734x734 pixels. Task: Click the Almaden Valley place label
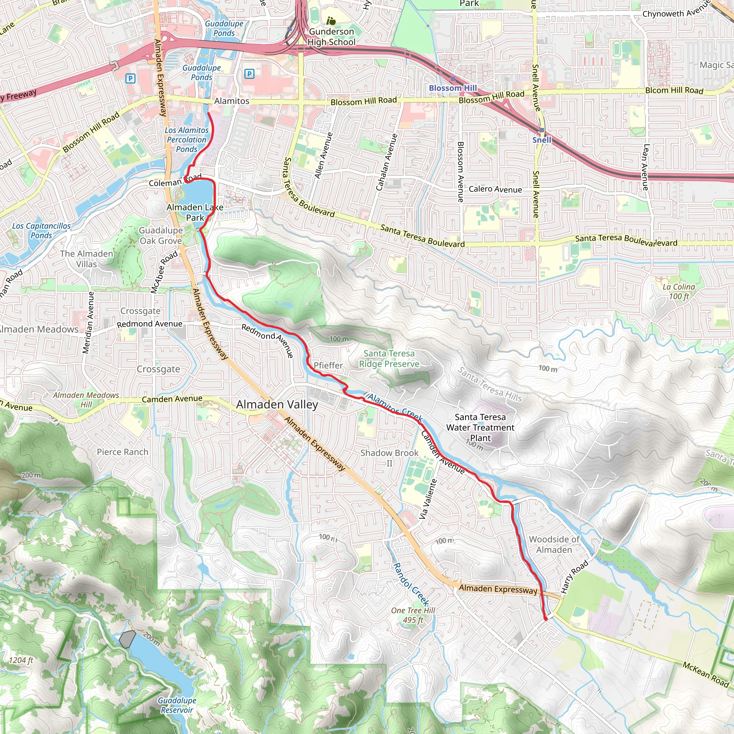pyautogui.click(x=277, y=405)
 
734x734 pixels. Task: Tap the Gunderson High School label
pyautogui.click(x=331, y=37)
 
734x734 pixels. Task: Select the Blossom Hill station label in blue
pyautogui.click(x=453, y=88)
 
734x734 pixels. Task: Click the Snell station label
pyautogui.click(x=542, y=140)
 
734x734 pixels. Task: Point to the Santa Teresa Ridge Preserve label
pyautogui.click(x=389, y=359)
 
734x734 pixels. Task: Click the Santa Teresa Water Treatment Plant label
pyautogui.click(x=480, y=428)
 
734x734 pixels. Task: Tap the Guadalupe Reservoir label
pyautogui.click(x=177, y=705)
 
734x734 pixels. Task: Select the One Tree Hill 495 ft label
pyautogui.click(x=413, y=615)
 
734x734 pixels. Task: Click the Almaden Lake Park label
pyautogui.click(x=195, y=213)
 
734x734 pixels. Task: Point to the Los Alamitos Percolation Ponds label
pyautogui.click(x=186, y=139)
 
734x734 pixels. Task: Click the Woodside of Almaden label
pyautogui.click(x=554, y=544)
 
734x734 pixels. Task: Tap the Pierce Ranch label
pyautogui.click(x=122, y=452)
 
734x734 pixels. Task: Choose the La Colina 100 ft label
pyautogui.click(x=678, y=291)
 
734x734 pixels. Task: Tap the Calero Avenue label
pyautogui.click(x=495, y=189)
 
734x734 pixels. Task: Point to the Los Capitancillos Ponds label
pyautogui.click(x=41, y=230)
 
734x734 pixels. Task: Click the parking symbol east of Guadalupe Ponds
pyautogui.click(x=249, y=74)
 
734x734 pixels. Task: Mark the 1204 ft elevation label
pyautogui.click(x=21, y=660)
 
